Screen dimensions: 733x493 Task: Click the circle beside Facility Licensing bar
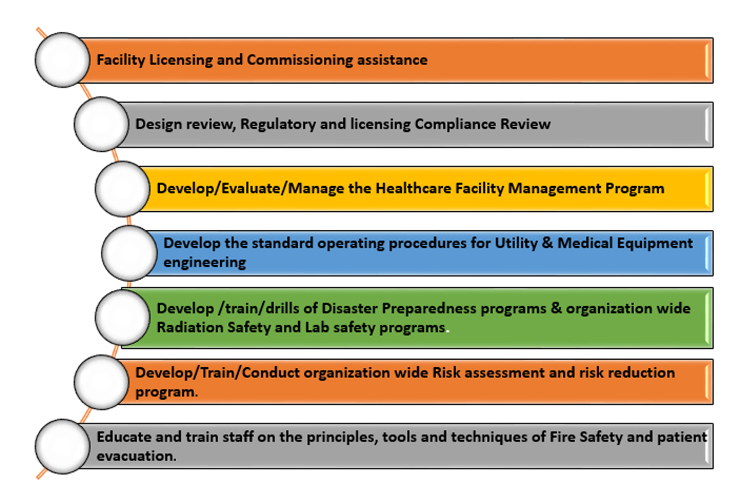[x=62, y=60]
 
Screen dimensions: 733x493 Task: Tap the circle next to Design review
[x=102, y=124]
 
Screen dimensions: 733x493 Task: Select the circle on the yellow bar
[x=123, y=189]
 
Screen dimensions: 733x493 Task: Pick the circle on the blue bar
[x=129, y=253]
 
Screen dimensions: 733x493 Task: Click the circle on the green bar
[x=123, y=317]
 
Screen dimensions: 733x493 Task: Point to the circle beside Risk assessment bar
[x=102, y=382]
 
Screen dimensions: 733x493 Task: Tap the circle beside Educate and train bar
[x=62, y=446]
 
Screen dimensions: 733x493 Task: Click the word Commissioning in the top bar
[x=300, y=61]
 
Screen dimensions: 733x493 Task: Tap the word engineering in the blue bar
[x=205, y=263]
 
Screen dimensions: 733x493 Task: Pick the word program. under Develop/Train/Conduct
[x=167, y=392]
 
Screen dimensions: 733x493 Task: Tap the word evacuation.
[x=137, y=456]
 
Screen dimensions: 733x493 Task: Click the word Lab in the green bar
[x=317, y=328]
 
